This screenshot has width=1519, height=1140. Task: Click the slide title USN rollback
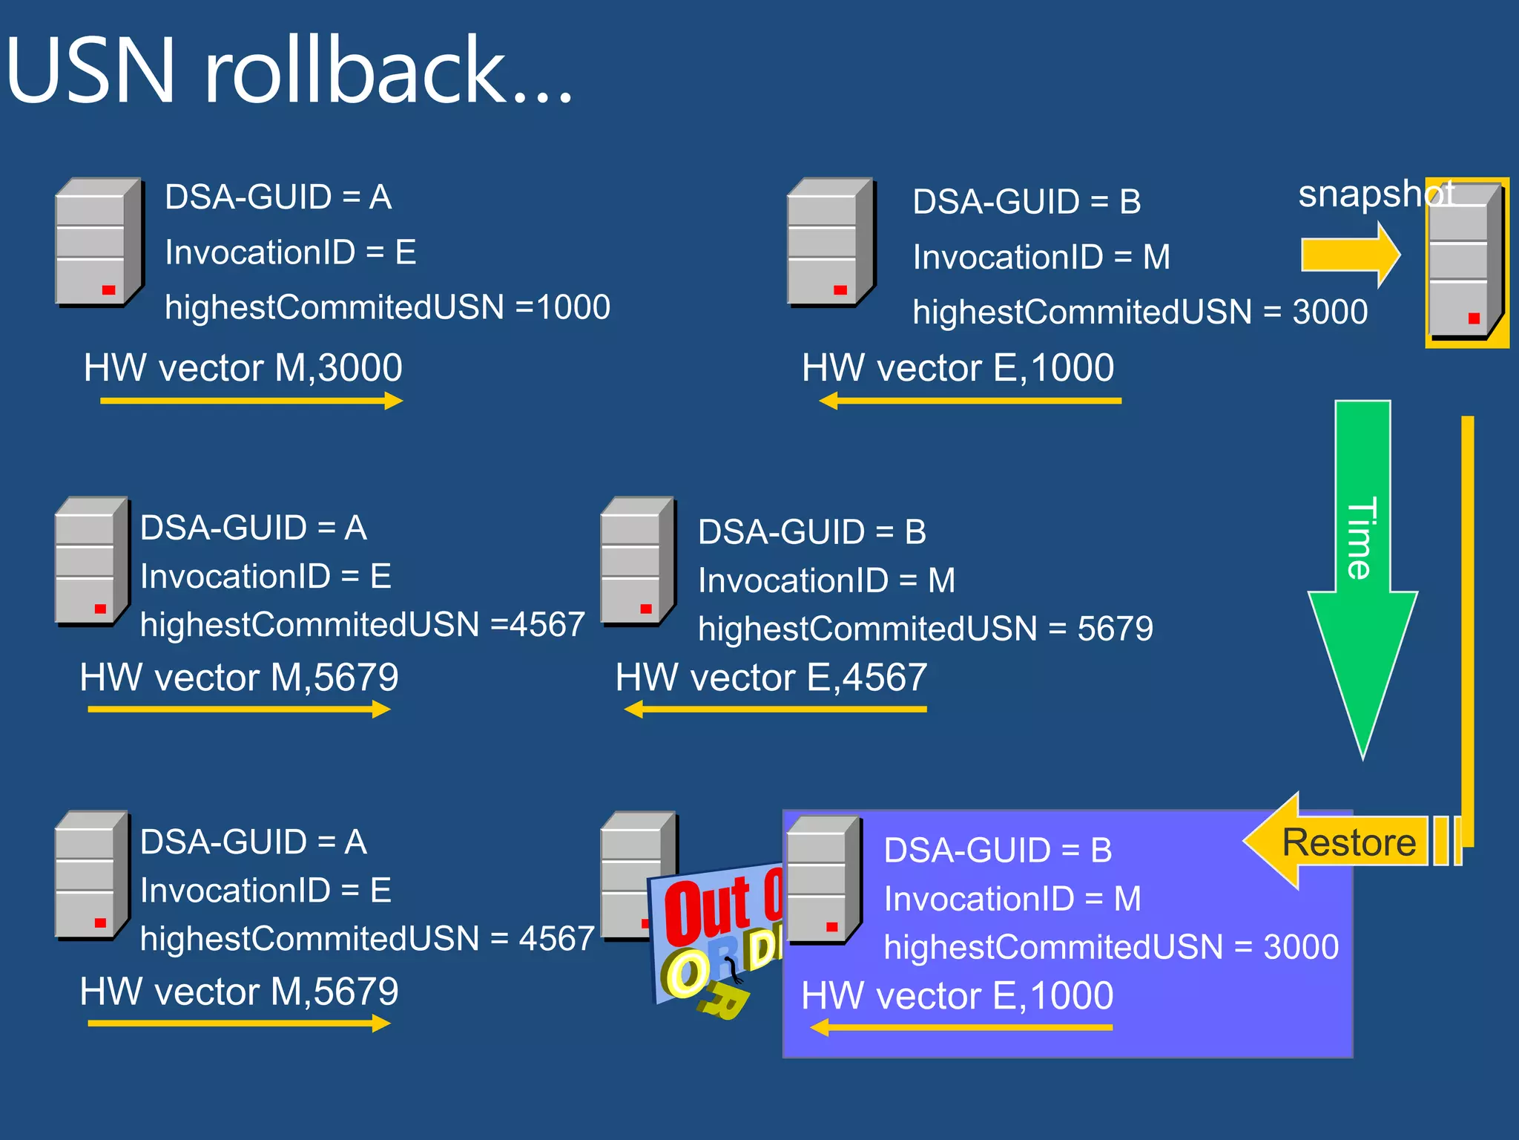pyautogui.click(x=289, y=71)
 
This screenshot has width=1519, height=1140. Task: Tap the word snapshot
pyautogui.click(x=1375, y=194)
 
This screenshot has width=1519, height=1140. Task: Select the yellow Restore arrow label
pyautogui.click(x=1348, y=842)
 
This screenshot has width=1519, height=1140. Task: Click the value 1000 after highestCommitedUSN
pyautogui.click(x=573, y=307)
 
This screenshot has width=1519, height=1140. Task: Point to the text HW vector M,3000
pyautogui.click(x=243, y=367)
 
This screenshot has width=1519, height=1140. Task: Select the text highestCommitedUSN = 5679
pyautogui.click(x=925, y=629)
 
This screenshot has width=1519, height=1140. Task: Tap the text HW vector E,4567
pyautogui.click(x=771, y=677)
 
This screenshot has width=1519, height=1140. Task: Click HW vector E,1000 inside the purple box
pyautogui.click(x=957, y=995)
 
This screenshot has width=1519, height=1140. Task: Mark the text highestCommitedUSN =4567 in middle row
pyautogui.click(x=362, y=624)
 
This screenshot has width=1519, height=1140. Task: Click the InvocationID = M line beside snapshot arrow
pyautogui.click(x=1041, y=257)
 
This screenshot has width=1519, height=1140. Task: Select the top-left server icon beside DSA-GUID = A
pyautogui.click(x=99, y=241)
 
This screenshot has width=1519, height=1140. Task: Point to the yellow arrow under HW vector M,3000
pyautogui.click(x=251, y=402)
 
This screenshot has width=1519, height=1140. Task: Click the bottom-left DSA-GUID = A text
pyautogui.click(x=253, y=842)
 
